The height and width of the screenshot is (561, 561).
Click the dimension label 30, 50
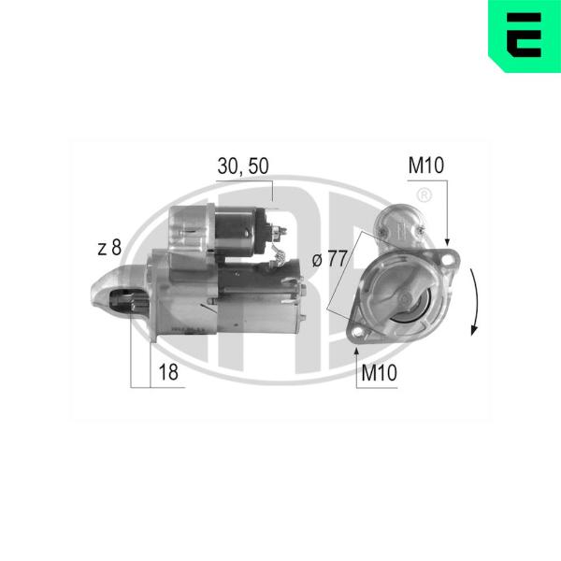pyautogui.click(x=243, y=166)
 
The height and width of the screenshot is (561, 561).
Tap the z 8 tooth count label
pyautogui.click(x=109, y=248)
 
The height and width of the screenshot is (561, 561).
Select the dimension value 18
pyautogui.click(x=168, y=372)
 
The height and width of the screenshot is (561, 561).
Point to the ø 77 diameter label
pyautogui.click(x=329, y=258)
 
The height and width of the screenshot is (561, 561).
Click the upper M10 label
pyautogui.click(x=426, y=165)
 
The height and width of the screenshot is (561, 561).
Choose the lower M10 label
pyautogui.click(x=380, y=373)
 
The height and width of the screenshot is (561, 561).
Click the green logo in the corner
pyautogui.click(x=525, y=36)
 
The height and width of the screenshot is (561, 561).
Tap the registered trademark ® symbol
pyautogui.click(x=424, y=195)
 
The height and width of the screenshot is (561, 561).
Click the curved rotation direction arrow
pyautogui.click(x=476, y=302)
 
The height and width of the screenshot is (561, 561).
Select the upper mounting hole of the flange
pyautogui.click(x=447, y=260)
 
